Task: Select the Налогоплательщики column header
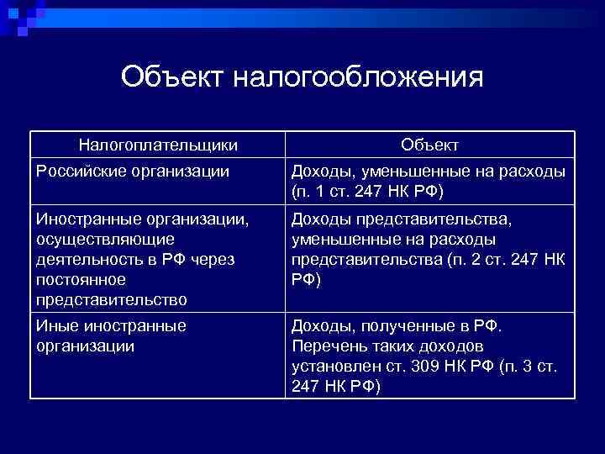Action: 159,145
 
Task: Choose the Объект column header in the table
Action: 429,145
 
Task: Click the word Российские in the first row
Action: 78,172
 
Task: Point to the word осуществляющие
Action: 105,239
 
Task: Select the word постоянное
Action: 81,279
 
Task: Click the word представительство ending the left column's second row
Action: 111,299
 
